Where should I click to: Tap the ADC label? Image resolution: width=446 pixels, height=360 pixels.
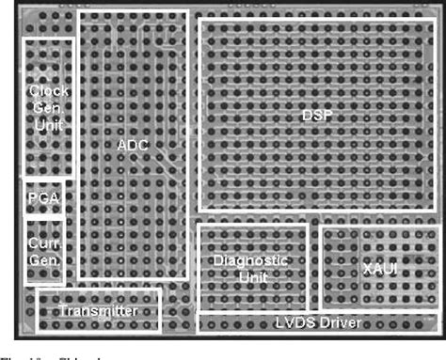pyautogui.click(x=133, y=146)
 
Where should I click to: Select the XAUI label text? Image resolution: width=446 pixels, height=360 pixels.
pyautogui.click(x=378, y=270)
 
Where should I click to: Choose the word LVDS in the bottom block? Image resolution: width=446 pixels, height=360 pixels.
pyautogui.click(x=293, y=324)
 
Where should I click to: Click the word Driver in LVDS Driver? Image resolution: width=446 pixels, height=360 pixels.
pyautogui.click(x=339, y=324)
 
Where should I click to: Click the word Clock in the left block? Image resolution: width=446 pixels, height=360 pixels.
pyautogui.click(x=48, y=91)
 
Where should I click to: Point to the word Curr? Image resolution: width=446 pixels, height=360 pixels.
pyautogui.click(x=43, y=241)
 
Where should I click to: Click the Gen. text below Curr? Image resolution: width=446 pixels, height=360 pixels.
pyautogui.click(x=43, y=258)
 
